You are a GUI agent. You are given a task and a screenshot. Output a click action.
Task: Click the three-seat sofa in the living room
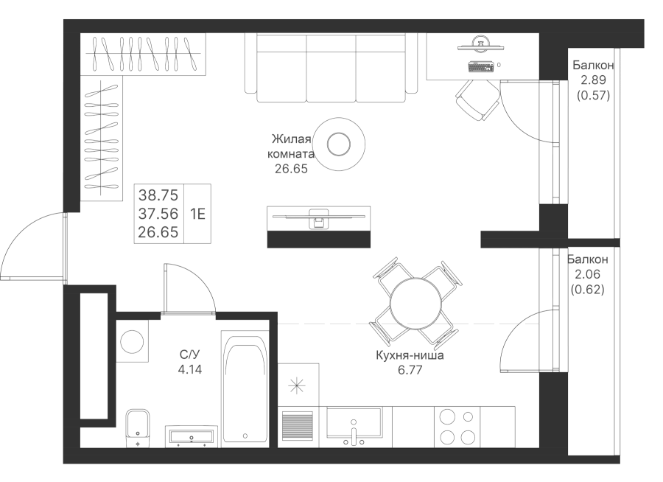tap(331, 68)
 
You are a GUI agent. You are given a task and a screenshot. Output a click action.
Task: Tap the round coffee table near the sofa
tap(339, 144)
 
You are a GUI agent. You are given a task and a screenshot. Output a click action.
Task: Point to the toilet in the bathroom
tap(138, 427)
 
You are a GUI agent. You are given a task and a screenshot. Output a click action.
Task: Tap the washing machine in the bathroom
tap(133, 341)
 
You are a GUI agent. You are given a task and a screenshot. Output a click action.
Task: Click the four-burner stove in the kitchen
tap(457, 427)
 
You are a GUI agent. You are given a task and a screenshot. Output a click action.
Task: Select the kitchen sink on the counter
tap(354, 427)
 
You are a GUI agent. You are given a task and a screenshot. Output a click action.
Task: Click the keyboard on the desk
tap(482, 66)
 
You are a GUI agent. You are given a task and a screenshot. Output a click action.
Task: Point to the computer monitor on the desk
tap(481, 43)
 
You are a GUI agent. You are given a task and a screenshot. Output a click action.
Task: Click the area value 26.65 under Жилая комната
tap(291, 169)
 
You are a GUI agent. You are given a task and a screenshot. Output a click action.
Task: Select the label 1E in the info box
tap(197, 214)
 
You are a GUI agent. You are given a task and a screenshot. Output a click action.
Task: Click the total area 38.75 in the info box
tap(158, 195)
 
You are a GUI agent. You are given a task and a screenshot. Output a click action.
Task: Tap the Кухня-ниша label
tap(410, 355)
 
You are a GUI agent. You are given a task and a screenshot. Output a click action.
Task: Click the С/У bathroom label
tap(190, 354)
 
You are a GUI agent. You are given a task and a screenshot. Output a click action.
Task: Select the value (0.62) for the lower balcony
tap(587, 290)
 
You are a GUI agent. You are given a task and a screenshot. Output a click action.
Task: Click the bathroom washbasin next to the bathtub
tap(192, 436)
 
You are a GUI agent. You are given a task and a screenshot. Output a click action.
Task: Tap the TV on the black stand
tap(319, 217)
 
